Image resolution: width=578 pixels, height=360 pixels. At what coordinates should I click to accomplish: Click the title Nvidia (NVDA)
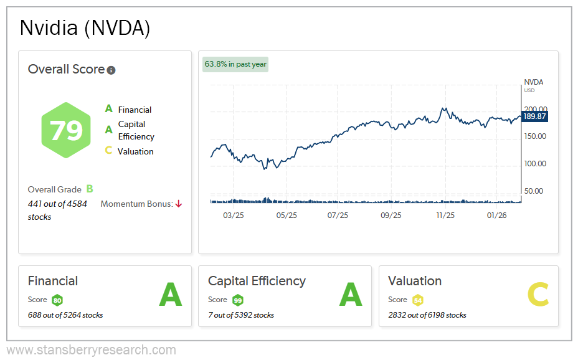coord(85,28)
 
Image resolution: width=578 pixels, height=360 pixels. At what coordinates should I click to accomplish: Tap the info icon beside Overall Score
coord(111,70)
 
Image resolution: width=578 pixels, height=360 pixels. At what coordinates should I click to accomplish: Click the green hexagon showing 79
coord(66,131)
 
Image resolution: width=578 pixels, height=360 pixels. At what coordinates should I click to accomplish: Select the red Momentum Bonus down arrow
coord(179,204)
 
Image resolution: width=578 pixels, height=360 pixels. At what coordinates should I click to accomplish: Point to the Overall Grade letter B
coord(90,189)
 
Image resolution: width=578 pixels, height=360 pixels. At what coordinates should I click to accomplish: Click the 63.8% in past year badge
coord(235,64)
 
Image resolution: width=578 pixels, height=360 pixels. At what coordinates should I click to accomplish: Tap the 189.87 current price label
coord(534,116)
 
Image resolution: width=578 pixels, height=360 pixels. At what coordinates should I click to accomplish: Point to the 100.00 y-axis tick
coord(535,164)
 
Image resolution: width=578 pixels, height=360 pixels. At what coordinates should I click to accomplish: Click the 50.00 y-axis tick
coord(535,191)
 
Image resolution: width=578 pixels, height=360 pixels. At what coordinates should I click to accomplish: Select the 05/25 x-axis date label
coord(286,216)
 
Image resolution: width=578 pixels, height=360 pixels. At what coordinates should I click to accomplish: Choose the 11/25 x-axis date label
coord(445,216)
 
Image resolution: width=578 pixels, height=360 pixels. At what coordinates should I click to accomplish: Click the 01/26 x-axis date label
coord(497,216)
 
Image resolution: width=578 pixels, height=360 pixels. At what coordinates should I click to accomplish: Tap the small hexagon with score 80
coord(57,300)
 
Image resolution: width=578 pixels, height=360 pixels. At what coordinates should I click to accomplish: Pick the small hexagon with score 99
coord(237,300)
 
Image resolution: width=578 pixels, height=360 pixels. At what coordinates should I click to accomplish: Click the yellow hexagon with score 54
coord(417,300)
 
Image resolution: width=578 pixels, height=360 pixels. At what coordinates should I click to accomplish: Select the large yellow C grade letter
coord(538,295)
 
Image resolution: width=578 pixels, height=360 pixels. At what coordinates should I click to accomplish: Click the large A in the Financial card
coord(170,295)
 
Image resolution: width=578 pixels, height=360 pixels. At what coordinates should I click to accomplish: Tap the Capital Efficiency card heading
coord(257,281)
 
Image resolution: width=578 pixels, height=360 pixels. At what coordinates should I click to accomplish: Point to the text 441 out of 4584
coord(57,204)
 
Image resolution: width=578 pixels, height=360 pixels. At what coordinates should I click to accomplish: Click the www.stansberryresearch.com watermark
coord(91,350)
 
